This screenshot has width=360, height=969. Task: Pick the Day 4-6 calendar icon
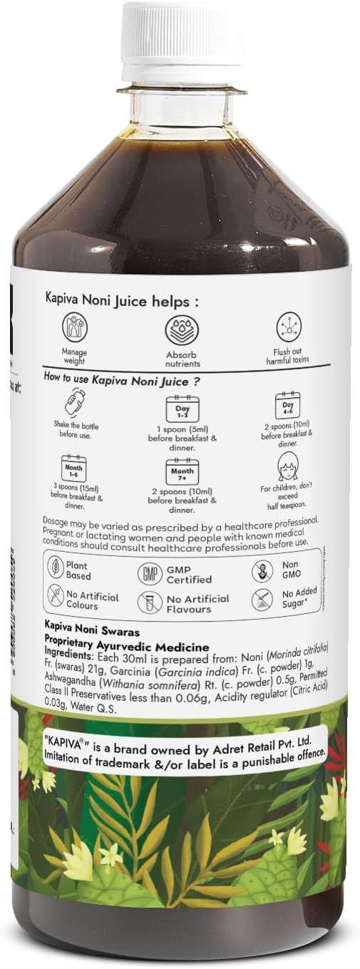pyautogui.click(x=288, y=406)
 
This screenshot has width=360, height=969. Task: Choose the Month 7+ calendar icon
pyautogui.click(x=182, y=471)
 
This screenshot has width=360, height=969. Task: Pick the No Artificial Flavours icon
pyautogui.click(x=149, y=602)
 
